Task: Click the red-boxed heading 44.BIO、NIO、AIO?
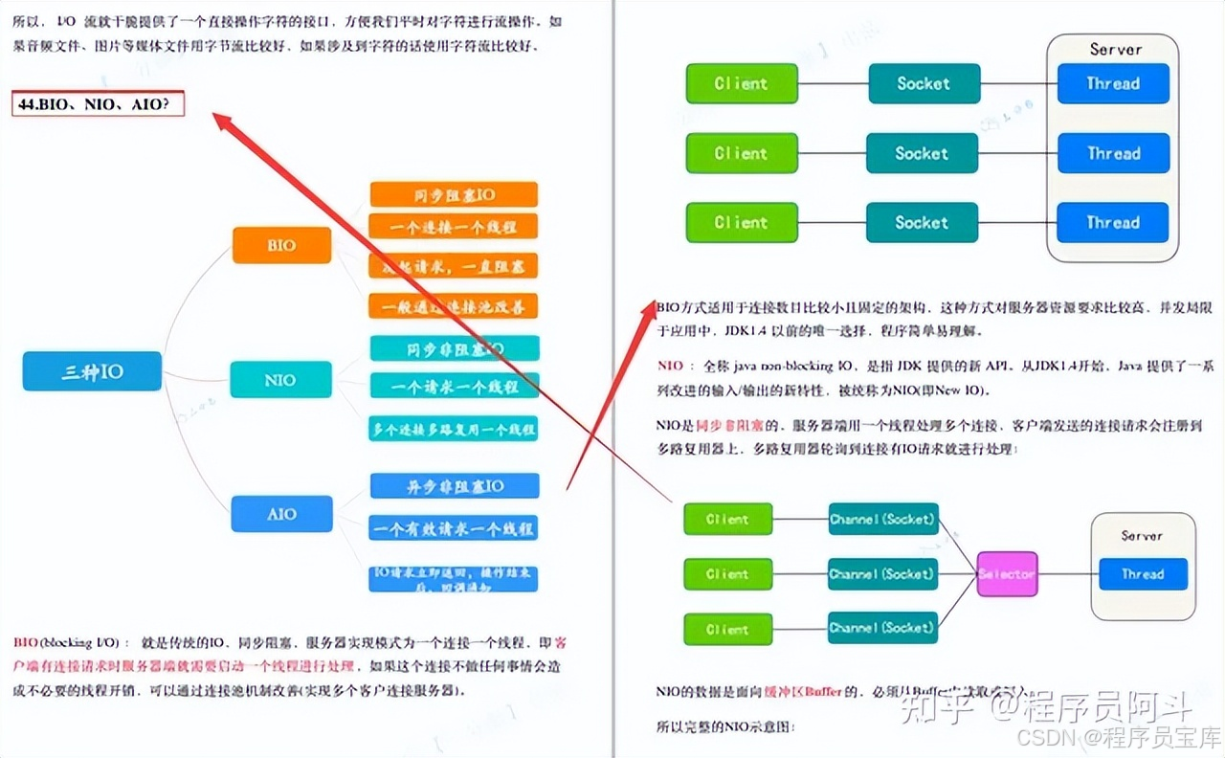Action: point(98,103)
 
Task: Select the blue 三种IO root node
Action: point(92,371)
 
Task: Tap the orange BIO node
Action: point(281,245)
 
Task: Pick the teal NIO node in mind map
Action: point(280,380)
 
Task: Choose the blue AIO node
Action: point(281,514)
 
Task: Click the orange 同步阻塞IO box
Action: point(454,194)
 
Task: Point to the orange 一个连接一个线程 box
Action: point(454,227)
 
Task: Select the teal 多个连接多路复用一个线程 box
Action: point(454,428)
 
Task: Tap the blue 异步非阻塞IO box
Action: point(454,486)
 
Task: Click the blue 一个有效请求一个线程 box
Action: point(454,528)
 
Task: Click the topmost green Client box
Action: point(742,83)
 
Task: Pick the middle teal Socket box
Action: point(922,153)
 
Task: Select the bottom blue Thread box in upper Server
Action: point(1113,222)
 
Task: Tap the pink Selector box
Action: point(1007,574)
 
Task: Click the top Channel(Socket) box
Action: point(882,519)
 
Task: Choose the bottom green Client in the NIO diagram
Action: point(726,629)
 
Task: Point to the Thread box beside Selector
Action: point(1142,574)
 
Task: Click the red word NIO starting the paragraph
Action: point(671,366)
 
